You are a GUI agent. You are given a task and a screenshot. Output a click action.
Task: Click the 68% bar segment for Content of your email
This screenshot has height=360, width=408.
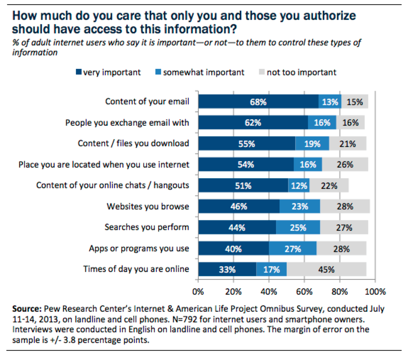[x=258, y=102]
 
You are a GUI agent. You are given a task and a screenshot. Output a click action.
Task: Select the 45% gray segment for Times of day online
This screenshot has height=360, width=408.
[x=326, y=269]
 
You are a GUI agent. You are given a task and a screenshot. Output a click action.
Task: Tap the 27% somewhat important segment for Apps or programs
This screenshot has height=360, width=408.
[x=292, y=249]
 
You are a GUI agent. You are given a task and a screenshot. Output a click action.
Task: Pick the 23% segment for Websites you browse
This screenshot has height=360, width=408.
[x=299, y=206]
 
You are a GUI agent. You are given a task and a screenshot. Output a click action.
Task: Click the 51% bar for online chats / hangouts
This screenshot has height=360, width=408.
[x=243, y=185]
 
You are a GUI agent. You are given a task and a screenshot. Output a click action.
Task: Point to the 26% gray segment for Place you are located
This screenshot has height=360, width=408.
[x=345, y=164]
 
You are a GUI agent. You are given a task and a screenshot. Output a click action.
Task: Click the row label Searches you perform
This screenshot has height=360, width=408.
[x=147, y=227]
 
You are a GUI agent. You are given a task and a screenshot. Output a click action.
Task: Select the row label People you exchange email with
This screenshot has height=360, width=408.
[x=127, y=122]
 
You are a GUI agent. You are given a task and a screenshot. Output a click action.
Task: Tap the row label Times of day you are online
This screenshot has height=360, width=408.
[x=136, y=269]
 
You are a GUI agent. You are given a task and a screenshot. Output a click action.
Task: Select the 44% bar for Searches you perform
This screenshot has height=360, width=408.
[x=237, y=227]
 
